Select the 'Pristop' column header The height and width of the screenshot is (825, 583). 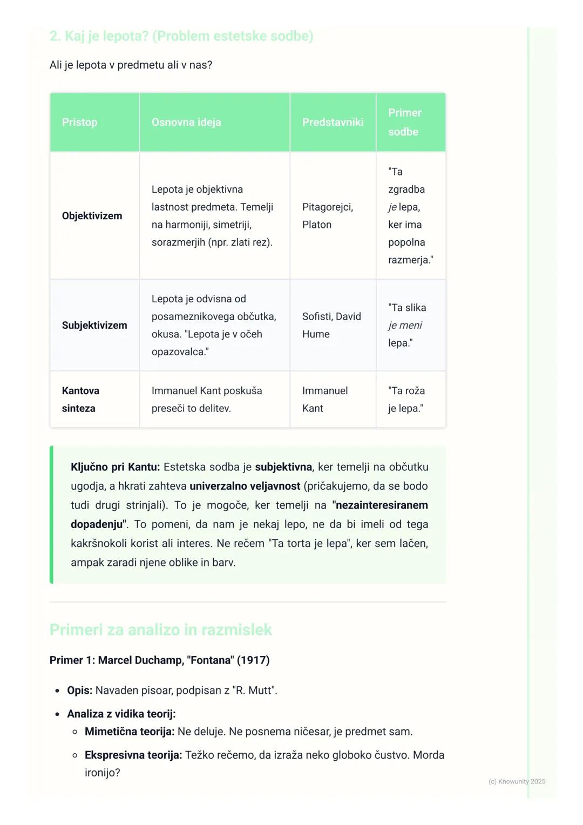[x=80, y=122]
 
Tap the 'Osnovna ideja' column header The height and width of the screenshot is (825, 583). [x=186, y=122]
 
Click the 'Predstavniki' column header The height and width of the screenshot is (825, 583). [x=333, y=122]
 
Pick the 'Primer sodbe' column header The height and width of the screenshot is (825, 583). [x=404, y=122]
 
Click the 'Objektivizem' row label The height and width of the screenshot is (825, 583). [x=92, y=216]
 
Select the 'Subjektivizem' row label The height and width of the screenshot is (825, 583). [x=94, y=325]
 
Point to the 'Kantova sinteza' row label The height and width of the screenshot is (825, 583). [x=80, y=400]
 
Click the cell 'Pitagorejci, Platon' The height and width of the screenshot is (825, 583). [x=327, y=216]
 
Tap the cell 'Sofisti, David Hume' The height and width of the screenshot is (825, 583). [x=331, y=325]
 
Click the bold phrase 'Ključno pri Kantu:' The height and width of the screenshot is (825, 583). [x=115, y=467]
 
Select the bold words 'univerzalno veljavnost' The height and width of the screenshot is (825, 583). [x=245, y=486]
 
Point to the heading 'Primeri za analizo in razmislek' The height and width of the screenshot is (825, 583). [x=160, y=630]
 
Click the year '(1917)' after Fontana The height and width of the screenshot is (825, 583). [x=253, y=660]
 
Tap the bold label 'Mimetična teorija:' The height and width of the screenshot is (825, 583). [x=130, y=732]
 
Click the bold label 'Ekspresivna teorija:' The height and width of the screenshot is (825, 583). [x=133, y=755]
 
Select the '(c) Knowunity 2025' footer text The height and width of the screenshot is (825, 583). [x=517, y=781]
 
